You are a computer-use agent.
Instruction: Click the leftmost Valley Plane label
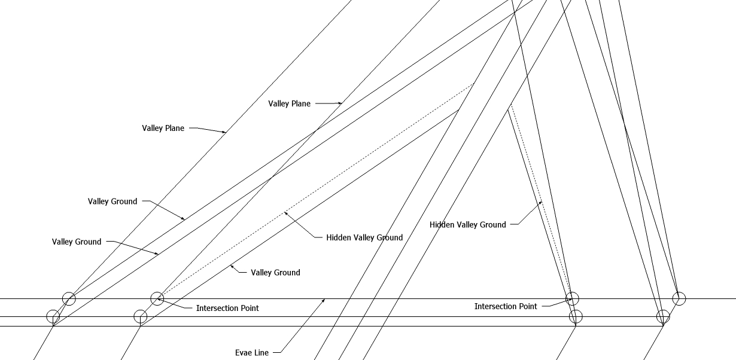pos(163,128)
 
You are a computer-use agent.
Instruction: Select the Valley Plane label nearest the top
pos(289,103)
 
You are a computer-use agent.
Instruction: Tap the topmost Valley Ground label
pos(112,202)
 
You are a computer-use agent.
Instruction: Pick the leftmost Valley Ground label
pos(77,242)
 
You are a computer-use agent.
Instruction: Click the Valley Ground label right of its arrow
pos(275,273)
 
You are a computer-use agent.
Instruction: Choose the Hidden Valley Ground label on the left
pos(364,237)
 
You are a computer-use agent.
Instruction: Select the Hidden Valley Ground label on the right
pos(467,225)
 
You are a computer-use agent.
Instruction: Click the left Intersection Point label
pos(227,308)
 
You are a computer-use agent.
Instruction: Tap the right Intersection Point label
pos(506,306)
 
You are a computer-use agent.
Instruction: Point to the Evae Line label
pos(252,353)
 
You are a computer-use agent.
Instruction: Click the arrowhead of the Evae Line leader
pos(325,299)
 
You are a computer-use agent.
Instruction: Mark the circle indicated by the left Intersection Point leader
pos(157,298)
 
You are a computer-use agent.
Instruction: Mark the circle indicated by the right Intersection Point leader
pos(573,298)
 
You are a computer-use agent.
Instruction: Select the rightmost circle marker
pos(679,298)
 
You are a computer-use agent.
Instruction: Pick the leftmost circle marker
pos(53,316)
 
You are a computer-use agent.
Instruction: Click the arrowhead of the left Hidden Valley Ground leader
pos(285,212)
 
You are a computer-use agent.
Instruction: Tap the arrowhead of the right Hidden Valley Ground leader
pos(542,202)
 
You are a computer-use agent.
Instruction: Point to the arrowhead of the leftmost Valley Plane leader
pos(226,133)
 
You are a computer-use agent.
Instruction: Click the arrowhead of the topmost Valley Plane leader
pos(342,104)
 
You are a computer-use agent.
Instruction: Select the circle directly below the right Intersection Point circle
pos(576,316)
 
